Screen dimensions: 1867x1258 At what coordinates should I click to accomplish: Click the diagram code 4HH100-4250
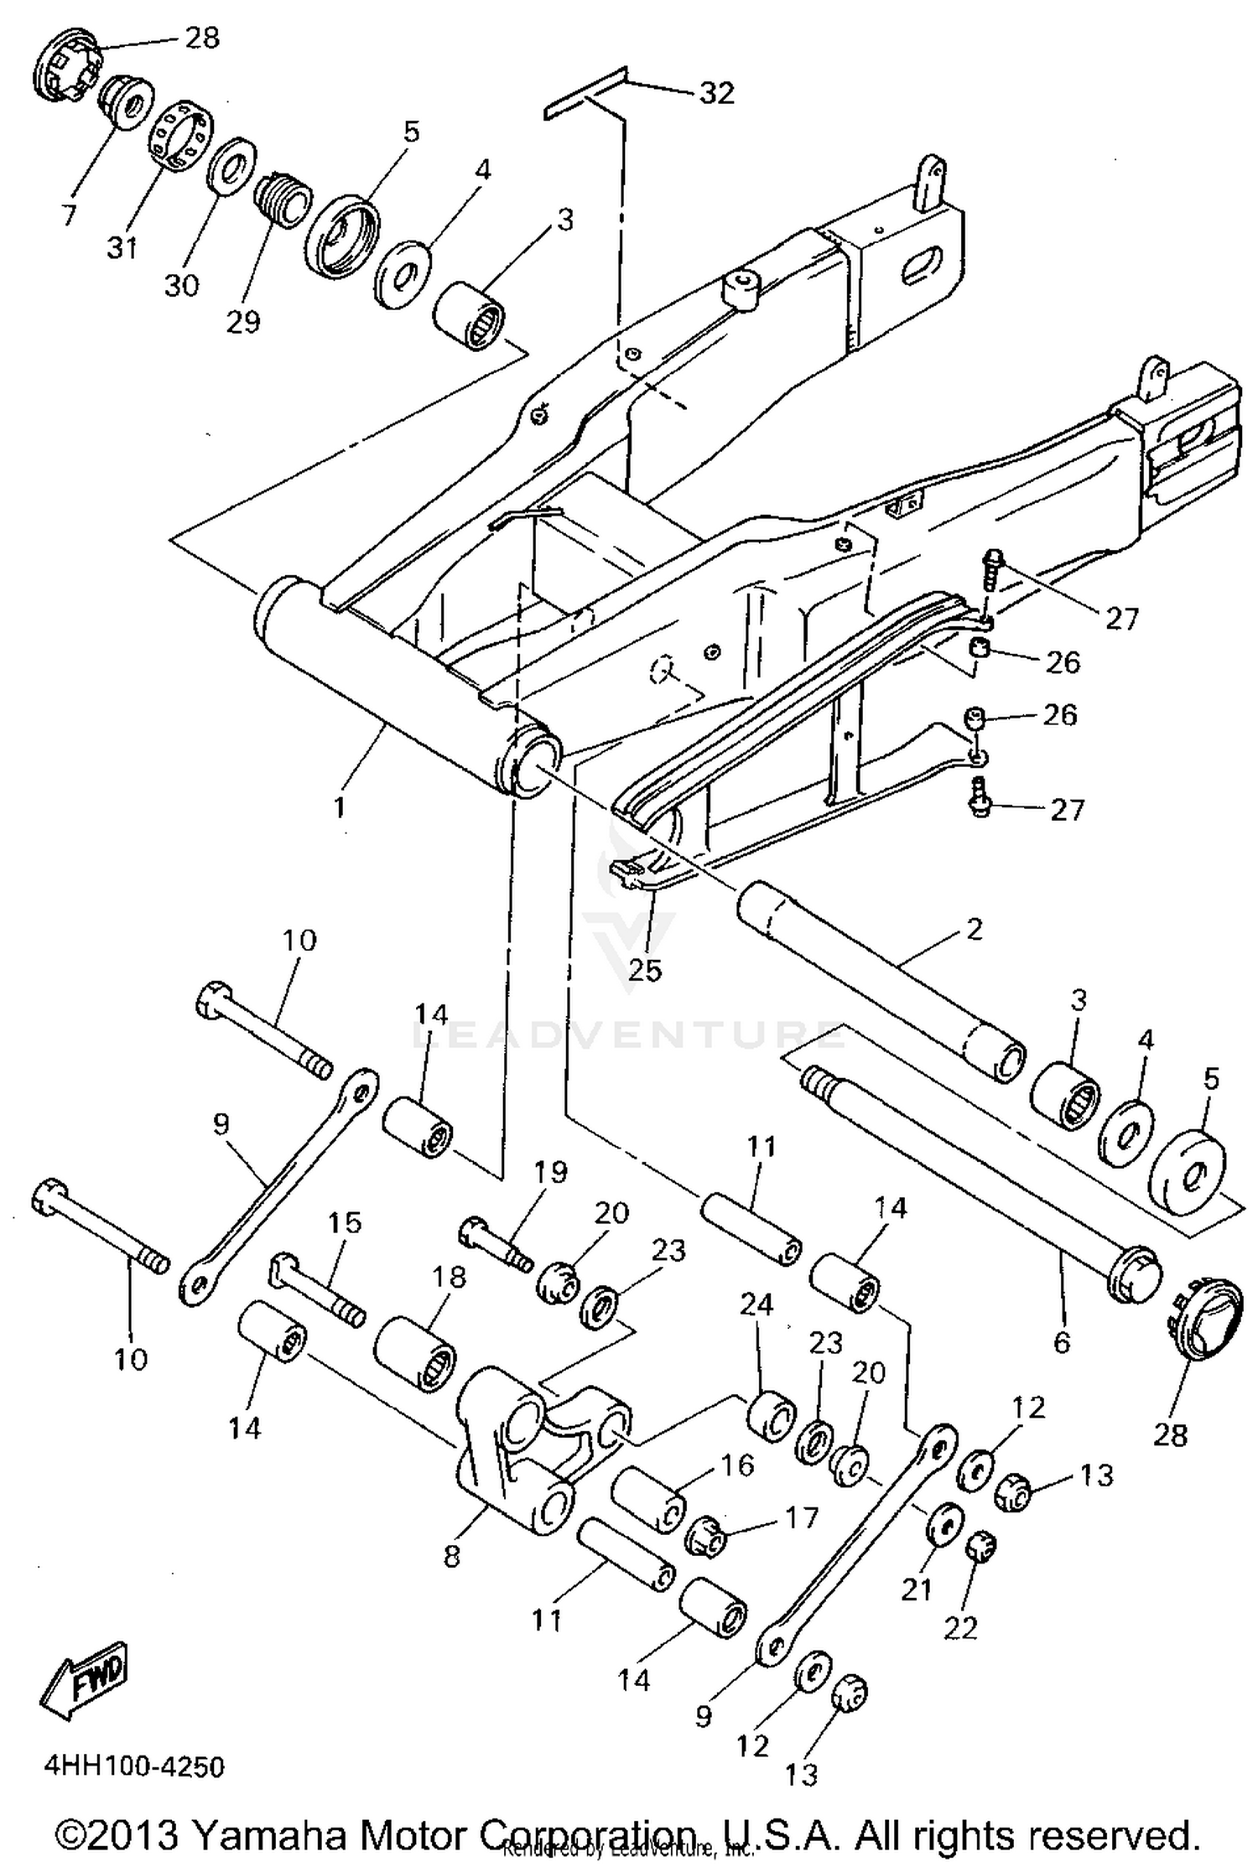point(134,1766)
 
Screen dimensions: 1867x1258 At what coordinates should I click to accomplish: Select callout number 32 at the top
point(716,93)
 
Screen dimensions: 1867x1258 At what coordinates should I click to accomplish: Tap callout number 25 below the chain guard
point(645,969)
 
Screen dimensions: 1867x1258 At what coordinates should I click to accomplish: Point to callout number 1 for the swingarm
point(339,807)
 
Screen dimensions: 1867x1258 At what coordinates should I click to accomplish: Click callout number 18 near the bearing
point(449,1277)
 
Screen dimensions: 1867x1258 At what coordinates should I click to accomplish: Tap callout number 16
point(737,1465)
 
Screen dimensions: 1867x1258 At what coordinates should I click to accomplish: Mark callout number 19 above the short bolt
point(550,1171)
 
